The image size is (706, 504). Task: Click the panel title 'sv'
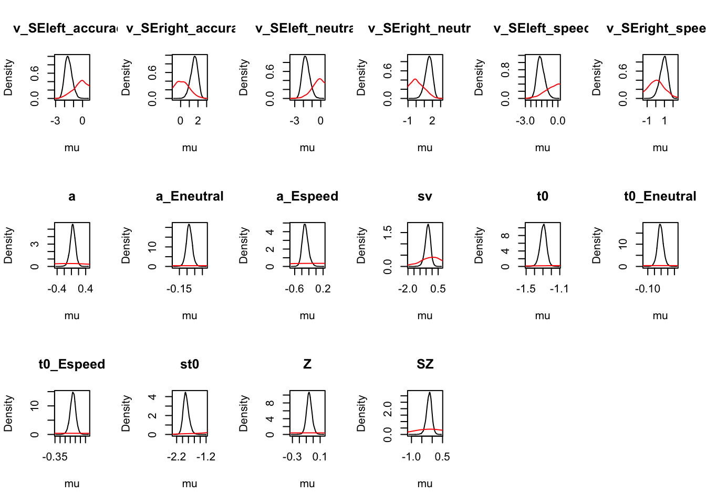424,196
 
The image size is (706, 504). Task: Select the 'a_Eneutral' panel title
190,196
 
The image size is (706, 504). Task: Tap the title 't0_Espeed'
72,364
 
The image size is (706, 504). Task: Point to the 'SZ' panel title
424,364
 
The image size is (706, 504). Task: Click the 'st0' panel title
190,364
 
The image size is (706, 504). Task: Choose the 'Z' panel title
307,364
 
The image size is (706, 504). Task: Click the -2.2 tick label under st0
176,457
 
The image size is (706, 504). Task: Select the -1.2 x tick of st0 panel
206,457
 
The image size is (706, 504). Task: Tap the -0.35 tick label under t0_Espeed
55,457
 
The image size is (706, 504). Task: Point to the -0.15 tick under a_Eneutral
180,289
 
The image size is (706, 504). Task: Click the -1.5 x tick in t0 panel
526,289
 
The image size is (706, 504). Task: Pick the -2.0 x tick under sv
408,289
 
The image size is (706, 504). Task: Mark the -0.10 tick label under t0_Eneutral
648,289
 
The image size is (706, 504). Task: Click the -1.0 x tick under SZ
411,457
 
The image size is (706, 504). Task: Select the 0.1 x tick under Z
319,457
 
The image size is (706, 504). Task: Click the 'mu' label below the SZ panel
424,484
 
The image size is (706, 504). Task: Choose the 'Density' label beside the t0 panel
479,245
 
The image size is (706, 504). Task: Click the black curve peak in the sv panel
428,225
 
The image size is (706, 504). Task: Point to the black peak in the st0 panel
185,393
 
